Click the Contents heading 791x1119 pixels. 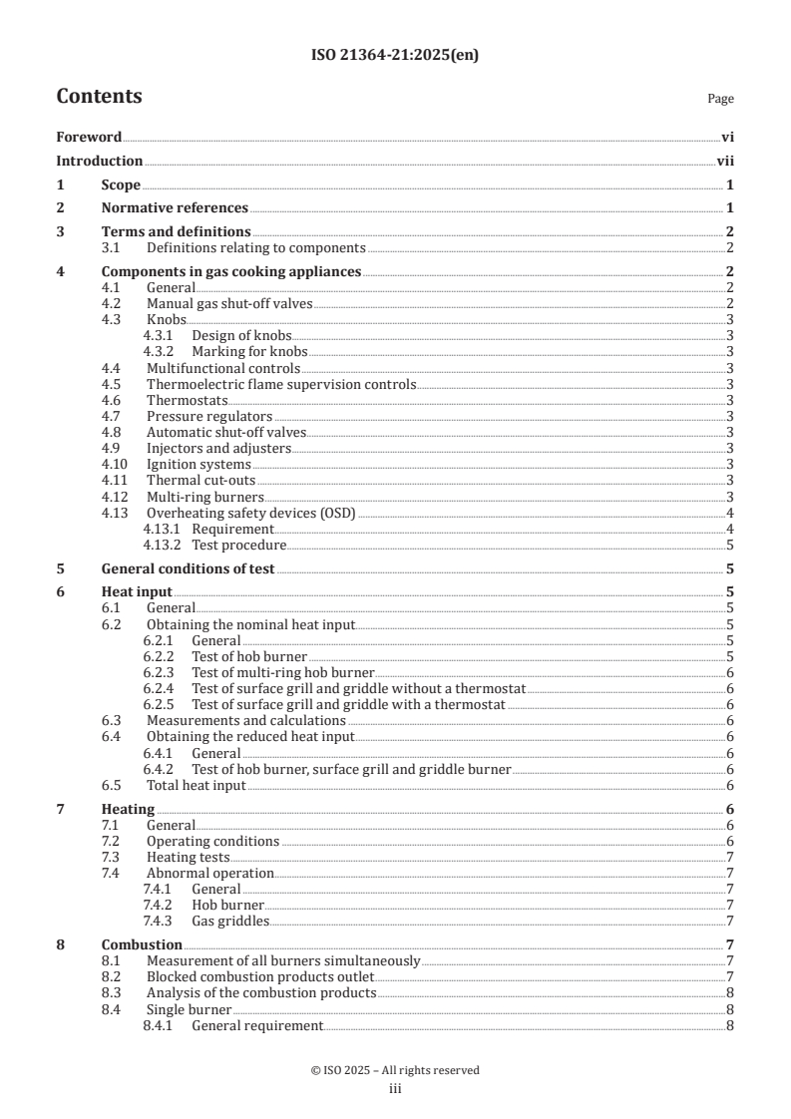[99, 97]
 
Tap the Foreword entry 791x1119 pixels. [89, 138]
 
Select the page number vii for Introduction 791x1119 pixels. [725, 162]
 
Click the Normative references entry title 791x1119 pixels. [175, 208]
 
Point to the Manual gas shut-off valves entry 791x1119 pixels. [229, 303]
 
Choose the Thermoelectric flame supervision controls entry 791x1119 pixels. [280, 384]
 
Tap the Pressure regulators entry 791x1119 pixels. [209, 416]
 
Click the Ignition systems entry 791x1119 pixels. [198, 465]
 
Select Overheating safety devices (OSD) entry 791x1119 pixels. [250, 513]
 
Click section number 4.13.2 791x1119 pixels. [163, 546]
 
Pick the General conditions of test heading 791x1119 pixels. [189, 569]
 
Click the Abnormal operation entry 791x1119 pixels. [209, 874]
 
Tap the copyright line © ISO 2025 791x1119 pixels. [395, 1070]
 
